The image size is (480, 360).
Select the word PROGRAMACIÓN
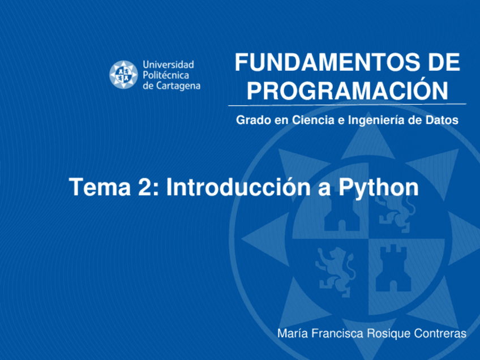(347, 91)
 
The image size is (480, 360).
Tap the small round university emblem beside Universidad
(123, 75)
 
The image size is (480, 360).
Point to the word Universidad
(168, 65)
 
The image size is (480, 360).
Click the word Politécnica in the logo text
(166, 75)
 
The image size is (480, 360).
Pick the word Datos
(443, 121)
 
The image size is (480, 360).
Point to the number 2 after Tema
(143, 187)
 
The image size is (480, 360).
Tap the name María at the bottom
(290, 333)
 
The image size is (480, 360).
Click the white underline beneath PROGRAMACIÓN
(347, 105)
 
